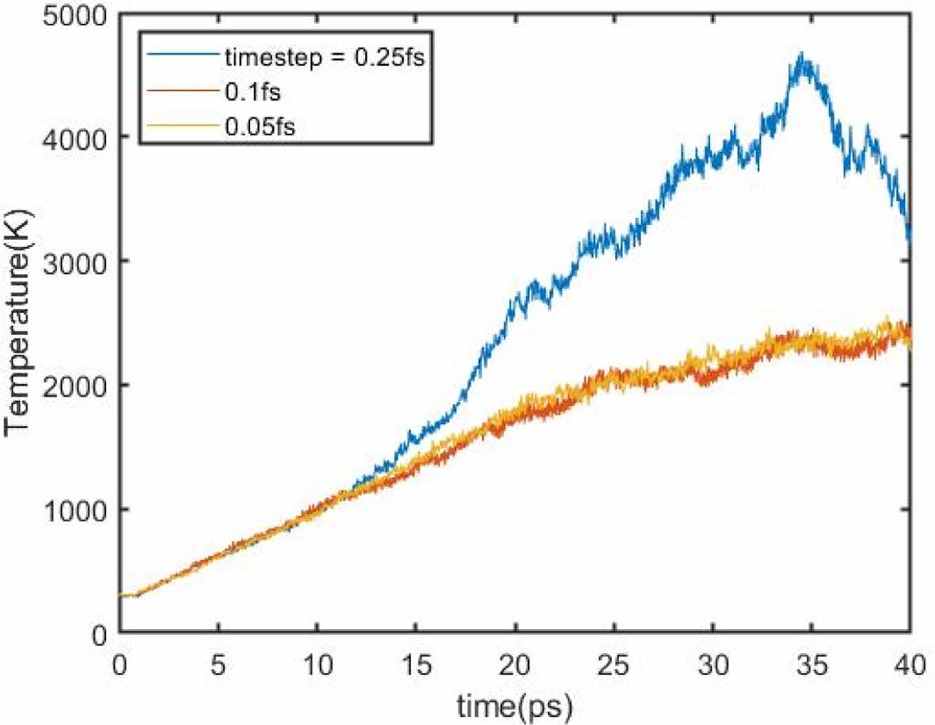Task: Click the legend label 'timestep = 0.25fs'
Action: (x=326, y=58)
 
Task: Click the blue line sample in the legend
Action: (x=182, y=57)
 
